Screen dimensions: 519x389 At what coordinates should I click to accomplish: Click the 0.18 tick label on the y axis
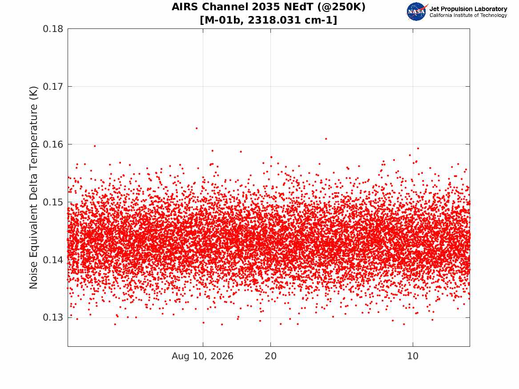click(53, 29)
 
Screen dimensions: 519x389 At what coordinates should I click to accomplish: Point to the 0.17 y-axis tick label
click(53, 87)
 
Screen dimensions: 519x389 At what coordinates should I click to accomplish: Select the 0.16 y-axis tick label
click(53, 144)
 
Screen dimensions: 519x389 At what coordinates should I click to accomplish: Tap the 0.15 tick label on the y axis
click(53, 202)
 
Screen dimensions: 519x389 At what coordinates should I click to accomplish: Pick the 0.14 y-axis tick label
click(53, 260)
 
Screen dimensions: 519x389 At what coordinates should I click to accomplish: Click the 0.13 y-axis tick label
click(53, 317)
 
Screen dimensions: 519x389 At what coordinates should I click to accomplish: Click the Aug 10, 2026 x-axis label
click(202, 356)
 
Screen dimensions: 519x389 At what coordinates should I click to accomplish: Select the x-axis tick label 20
click(271, 356)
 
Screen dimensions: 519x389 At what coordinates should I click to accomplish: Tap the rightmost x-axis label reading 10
click(413, 356)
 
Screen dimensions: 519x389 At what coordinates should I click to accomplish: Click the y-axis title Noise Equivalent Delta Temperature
click(33, 188)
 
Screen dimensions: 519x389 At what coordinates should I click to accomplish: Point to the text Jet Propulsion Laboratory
click(468, 9)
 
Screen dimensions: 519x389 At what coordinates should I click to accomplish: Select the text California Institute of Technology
click(468, 15)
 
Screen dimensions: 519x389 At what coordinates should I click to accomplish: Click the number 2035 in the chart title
click(266, 7)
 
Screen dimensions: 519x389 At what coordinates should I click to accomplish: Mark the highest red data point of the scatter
click(197, 128)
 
